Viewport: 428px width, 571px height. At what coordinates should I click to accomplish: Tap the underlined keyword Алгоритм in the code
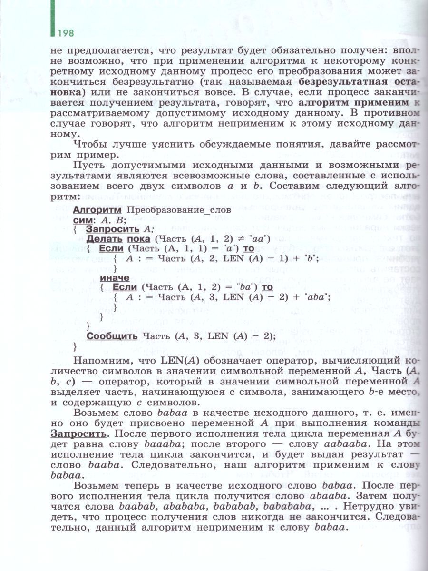click(95, 209)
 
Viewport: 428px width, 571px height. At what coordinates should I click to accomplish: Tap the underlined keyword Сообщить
click(112, 336)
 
